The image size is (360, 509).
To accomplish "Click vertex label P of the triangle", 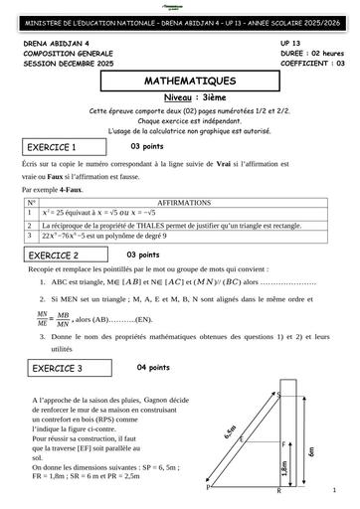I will (208, 488).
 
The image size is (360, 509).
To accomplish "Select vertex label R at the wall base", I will (279, 491).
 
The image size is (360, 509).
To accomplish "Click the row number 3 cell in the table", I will (32, 237).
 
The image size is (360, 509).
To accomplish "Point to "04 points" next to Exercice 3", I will (154, 367).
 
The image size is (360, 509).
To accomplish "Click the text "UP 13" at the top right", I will (291, 45).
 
